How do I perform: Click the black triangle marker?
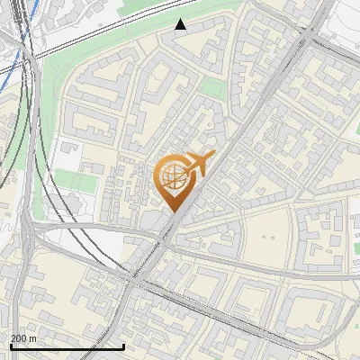click(x=181, y=24)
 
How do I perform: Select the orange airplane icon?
click(x=196, y=165)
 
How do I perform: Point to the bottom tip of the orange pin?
click(x=171, y=212)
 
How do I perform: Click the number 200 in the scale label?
click(x=19, y=337)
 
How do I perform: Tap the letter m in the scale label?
click(x=34, y=337)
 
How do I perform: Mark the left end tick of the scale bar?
click(x=11, y=345)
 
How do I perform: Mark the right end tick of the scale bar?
click(x=123, y=345)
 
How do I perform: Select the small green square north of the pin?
click(x=212, y=87)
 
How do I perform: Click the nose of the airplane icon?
click(x=213, y=155)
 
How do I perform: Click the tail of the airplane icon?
click(x=183, y=171)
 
